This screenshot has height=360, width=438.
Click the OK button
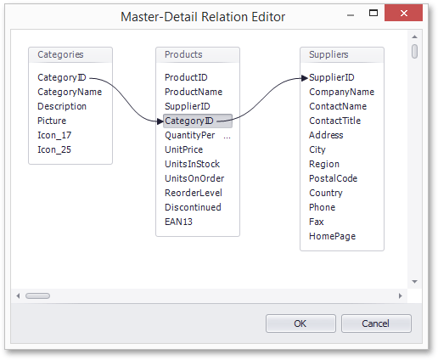click(300, 323)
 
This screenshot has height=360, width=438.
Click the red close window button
click(403, 13)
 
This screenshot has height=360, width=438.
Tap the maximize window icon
click(373, 13)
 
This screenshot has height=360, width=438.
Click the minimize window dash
click(351, 15)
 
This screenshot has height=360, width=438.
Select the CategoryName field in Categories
click(70, 92)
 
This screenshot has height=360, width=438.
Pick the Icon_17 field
click(54, 135)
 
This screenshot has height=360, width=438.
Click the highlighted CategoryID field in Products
click(198, 121)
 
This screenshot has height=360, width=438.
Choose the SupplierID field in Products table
click(188, 106)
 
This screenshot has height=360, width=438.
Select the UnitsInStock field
click(192, 164)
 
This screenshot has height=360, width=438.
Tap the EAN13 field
click(178, 222)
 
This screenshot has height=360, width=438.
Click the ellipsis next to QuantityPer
click(227, 138)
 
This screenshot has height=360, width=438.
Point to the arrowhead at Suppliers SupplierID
click(305, 78)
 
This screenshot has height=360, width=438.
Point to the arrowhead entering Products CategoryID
click(160, 121)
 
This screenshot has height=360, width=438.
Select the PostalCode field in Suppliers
click(333, 178)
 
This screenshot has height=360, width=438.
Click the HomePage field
click(332, 236)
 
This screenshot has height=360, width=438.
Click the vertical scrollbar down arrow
click(415, 282)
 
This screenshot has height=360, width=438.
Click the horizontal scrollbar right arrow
click(400, 295)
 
